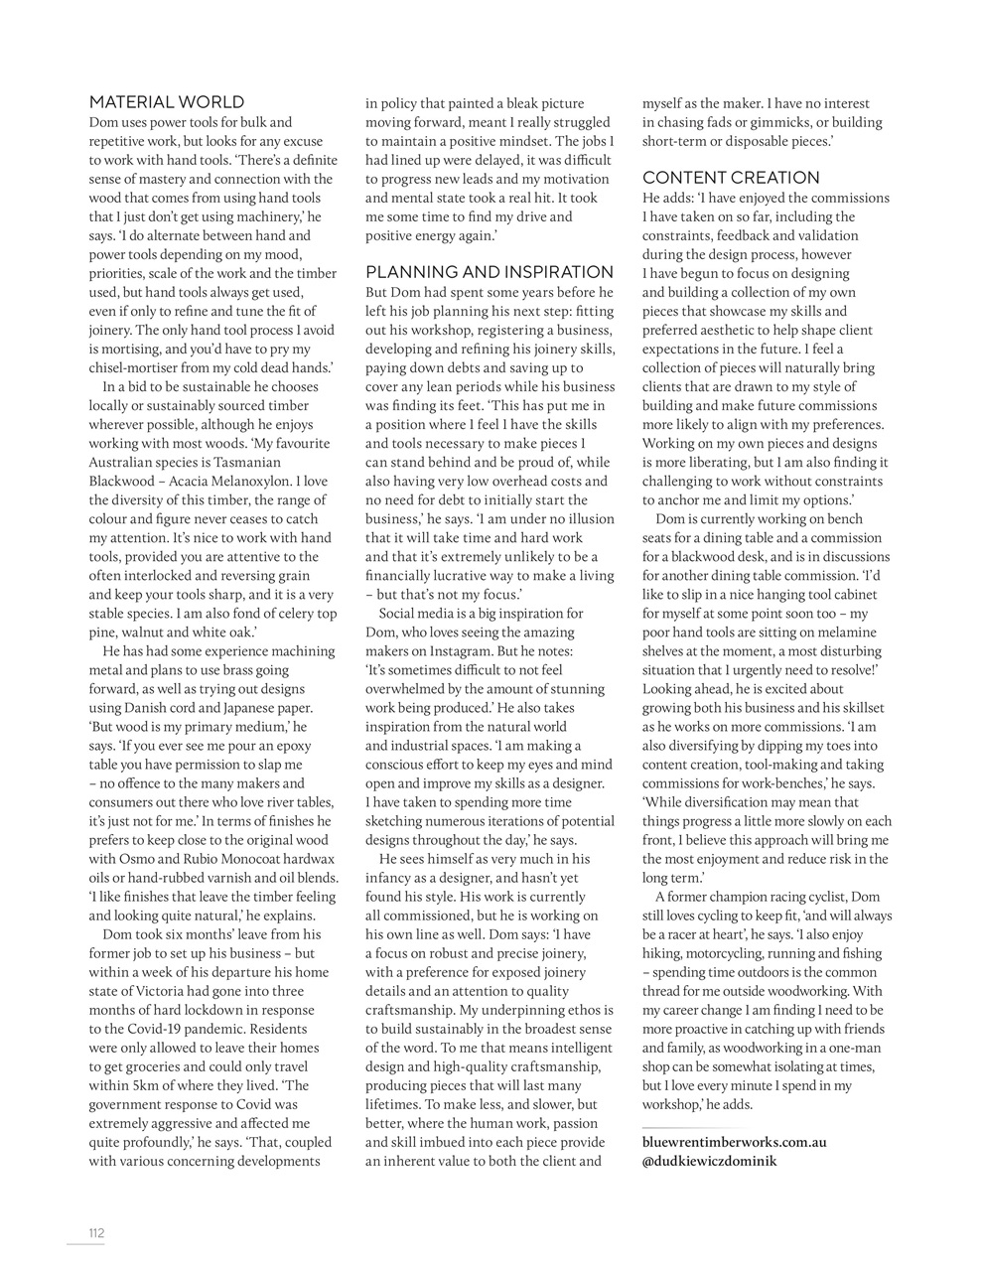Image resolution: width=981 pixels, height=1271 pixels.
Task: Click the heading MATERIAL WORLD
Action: point(167,102)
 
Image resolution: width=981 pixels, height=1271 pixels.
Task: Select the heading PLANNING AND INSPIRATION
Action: point(490,272)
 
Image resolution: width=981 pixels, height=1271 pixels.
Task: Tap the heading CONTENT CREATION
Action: point(731,178)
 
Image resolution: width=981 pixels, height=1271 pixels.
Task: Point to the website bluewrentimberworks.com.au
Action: point(734,1142)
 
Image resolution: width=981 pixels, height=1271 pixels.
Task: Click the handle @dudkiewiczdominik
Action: point(709,1161)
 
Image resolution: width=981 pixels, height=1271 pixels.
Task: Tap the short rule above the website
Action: point(682,1127)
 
